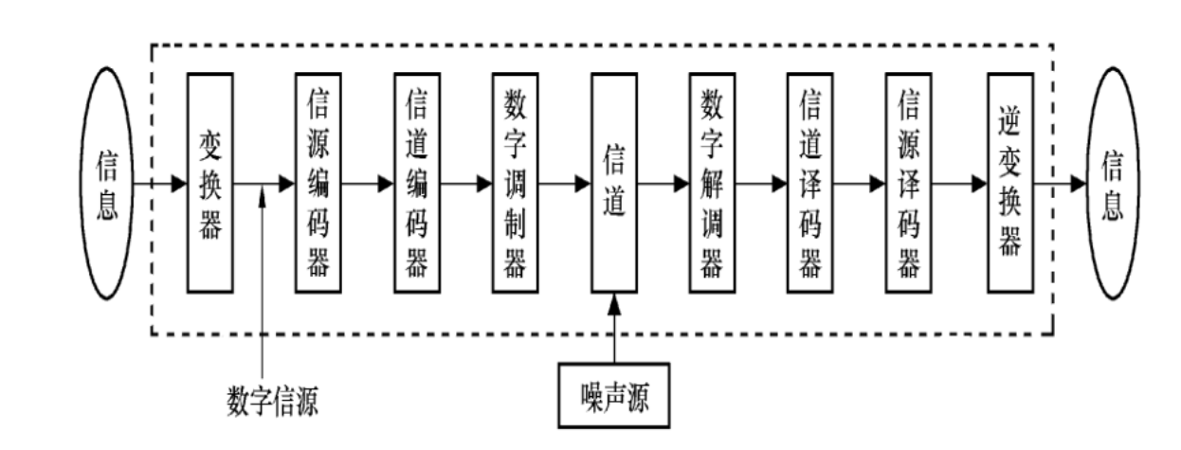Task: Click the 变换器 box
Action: (210, 183)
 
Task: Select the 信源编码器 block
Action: (318, 183)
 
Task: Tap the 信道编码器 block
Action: (416, 183)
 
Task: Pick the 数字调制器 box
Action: (515, 183)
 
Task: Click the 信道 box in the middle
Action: (614, 183)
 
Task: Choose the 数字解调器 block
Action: (712, 183)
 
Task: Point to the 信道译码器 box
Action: (810, 183)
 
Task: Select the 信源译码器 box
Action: (909, 183)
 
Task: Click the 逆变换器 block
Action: (1009, 183)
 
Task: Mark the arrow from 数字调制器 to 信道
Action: (565, 183)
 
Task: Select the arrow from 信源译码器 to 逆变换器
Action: (959, 183)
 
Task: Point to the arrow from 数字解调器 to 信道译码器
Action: (761, 183)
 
